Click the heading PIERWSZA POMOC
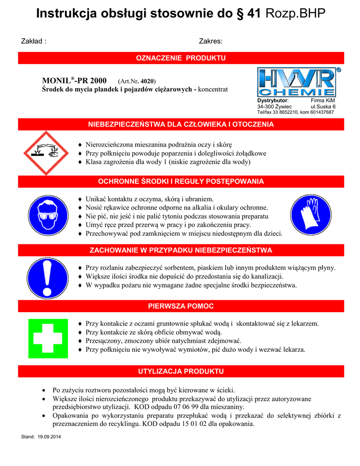pos(181,306)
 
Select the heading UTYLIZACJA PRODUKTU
pos(181,371)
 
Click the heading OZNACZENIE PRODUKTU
pos(181,58)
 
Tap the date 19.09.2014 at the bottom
pos(51,437)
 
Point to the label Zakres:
pos(211,41)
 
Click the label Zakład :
pos(34,41)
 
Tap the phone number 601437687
pos(319,112)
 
